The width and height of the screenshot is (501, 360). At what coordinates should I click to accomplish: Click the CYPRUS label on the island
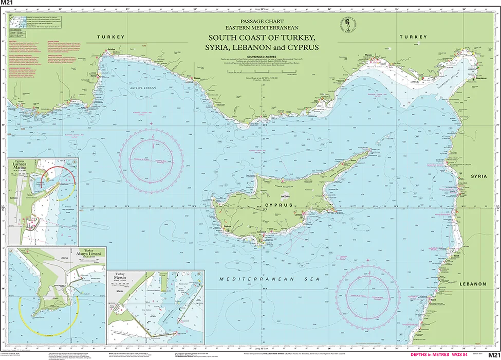[279, 205]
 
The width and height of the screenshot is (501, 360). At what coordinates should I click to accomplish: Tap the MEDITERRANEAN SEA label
[269, 279]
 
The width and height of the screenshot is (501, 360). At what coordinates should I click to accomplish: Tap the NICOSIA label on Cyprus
[286, 196]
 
